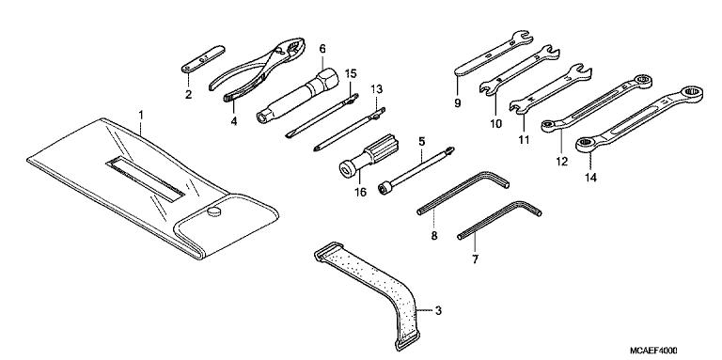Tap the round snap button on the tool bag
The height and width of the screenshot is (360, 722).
coord(213,212)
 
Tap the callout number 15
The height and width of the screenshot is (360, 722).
coord(351,72)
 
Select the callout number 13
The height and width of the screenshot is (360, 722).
coord(376,88)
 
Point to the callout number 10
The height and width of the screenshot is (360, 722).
coord(494,122)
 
